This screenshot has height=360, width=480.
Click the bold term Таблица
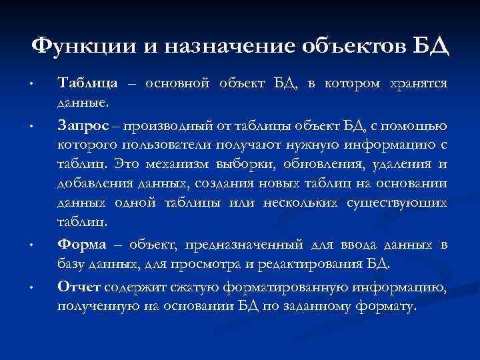click(89, 83)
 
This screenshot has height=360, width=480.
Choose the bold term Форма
click(81, 245)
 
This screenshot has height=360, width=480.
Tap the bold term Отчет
click(79, 287)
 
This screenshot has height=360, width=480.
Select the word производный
click(162, 125)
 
